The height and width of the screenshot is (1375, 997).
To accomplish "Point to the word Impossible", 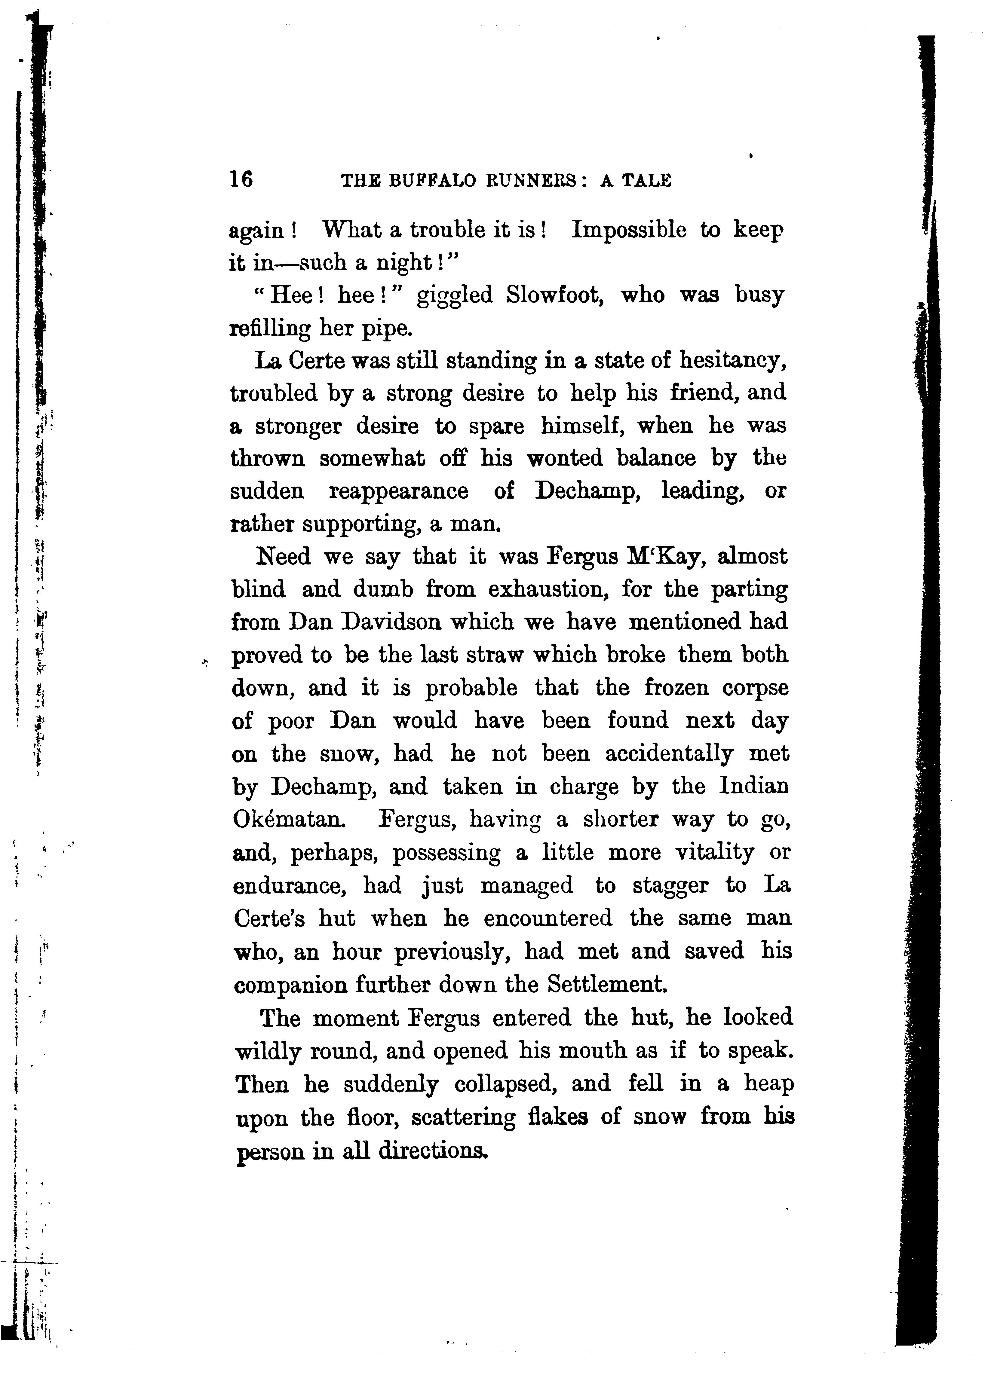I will pyautogui.click(x=629, y=231).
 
